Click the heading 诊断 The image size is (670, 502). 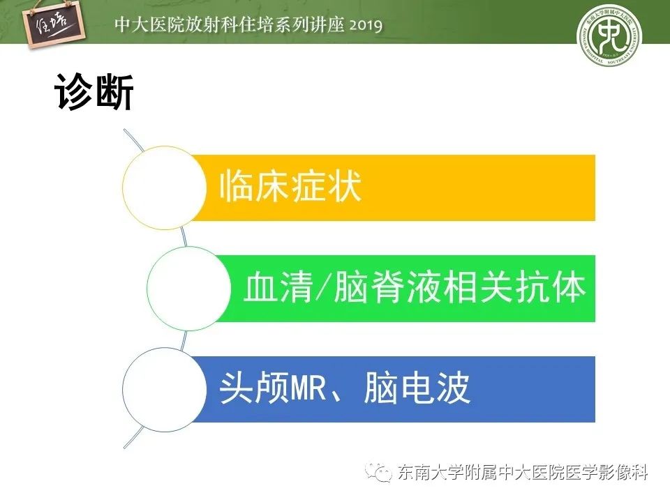[x=94, y=92]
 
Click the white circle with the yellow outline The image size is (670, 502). [x=165, y=188]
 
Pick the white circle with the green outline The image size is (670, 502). [x=189, y=288]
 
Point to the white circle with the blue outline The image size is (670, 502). [x=165, y=389]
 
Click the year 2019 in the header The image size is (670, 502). [x=364, y=26]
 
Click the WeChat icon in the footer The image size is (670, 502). [x=382, y=473]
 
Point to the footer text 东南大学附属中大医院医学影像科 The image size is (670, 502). [x=523, y=473]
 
